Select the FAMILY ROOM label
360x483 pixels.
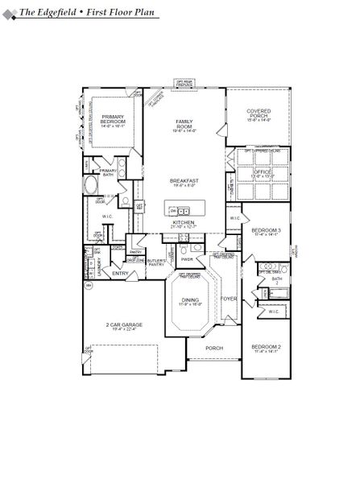184,125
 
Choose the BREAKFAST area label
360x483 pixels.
184,180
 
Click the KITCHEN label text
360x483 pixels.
184,222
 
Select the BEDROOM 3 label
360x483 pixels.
265,230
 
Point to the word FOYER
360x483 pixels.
229,299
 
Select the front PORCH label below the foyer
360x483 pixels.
213,348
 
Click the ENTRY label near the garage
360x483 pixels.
120,273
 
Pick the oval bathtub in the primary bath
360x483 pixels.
91,186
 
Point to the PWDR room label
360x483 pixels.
186,259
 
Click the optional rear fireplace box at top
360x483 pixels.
184,82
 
